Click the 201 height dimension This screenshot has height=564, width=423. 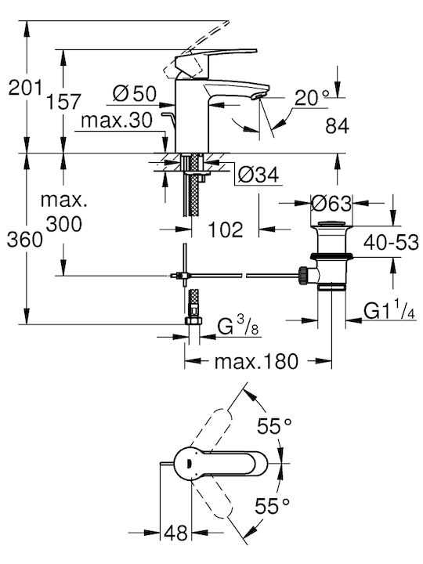point(26,88)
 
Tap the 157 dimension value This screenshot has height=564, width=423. point(63,101)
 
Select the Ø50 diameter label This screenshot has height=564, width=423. point(135,93)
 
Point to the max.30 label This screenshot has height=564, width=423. point(117,121)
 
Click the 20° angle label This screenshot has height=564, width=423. point(312,97)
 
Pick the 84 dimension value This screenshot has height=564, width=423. point(337,126)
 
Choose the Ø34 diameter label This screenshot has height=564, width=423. point(258,175)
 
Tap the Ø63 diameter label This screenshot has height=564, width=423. point(331,204)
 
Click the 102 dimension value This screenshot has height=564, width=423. point(226,230)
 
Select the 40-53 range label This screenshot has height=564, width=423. point(391,242)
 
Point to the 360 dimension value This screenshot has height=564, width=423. point(25,240)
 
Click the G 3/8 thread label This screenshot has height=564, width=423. point(238,326)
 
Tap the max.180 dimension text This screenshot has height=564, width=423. point(256,361)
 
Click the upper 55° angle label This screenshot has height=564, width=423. point(273,426)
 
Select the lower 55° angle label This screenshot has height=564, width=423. point(273,506)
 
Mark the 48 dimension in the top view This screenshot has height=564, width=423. point(176,533)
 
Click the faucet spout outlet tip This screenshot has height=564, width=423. point(260,96)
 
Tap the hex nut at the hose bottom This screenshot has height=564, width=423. point(193,320)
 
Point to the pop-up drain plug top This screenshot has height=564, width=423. point(331,224)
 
